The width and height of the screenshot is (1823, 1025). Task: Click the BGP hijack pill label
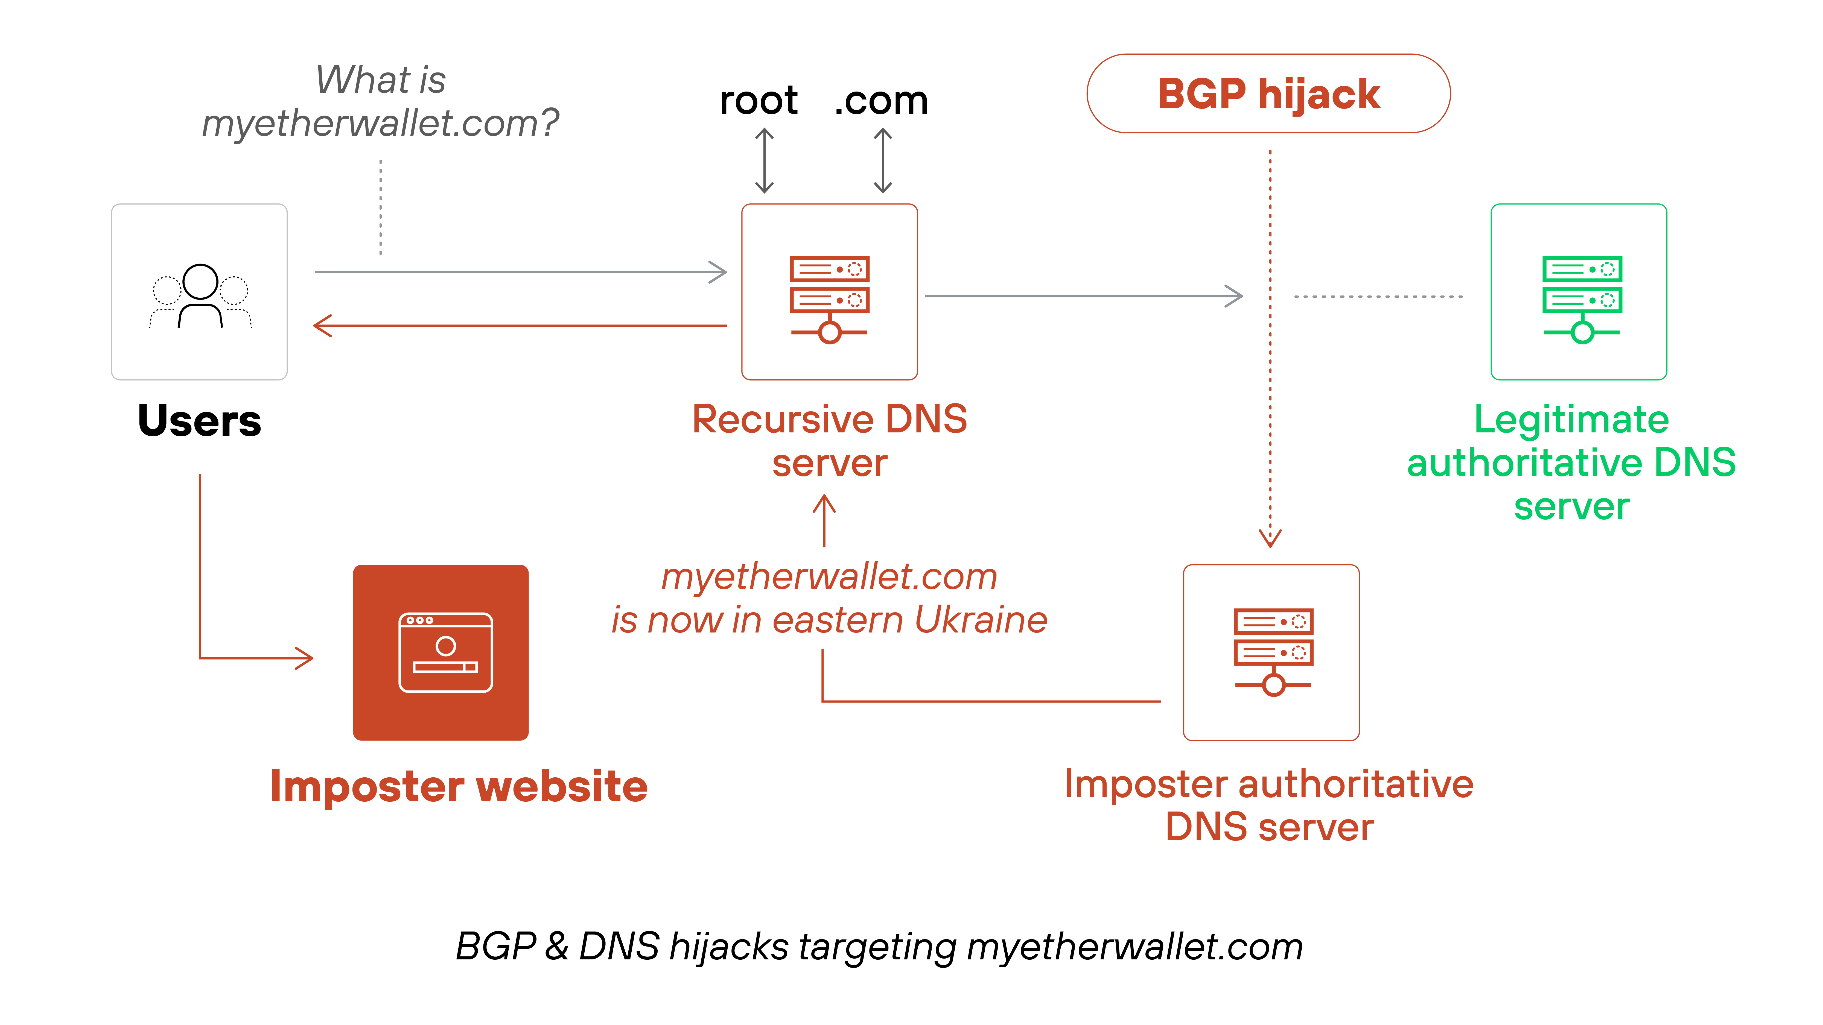tap(1268, 94)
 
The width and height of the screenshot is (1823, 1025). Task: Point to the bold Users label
tap(200, 421)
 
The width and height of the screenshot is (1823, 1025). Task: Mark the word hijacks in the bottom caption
tap(729, 947)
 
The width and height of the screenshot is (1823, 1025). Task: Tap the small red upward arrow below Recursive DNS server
tap(824, 520)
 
